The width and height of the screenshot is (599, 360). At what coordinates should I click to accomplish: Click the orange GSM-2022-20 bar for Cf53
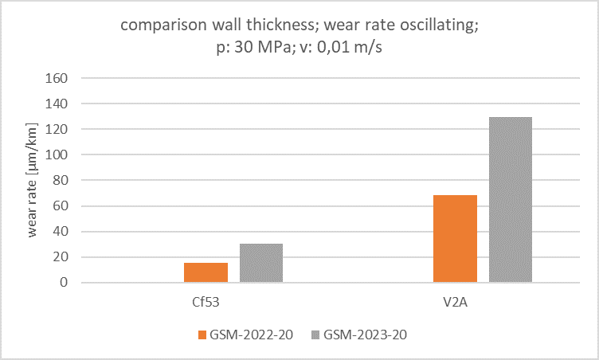tap(206, 272)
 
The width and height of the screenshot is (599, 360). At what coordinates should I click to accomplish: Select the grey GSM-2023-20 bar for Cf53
tap(261, 263)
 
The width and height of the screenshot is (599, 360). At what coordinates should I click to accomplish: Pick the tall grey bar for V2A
tap(511, 200)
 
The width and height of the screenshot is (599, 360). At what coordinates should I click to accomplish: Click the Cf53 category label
tap(233, 303)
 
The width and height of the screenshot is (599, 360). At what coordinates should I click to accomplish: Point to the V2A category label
tap(483, 303)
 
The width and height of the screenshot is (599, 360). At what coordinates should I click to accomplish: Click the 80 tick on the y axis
tap(62, 180)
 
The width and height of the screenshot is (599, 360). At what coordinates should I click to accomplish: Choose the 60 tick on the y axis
tap(62, 206)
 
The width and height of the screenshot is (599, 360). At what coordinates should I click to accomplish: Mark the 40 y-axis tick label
tap(62, 232)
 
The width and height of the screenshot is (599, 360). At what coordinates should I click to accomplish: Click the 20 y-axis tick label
tap(62, 257)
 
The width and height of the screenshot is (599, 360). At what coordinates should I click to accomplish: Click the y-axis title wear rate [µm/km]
tap(33, 181)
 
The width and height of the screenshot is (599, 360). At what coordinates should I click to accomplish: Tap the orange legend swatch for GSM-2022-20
tap(201, 335)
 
